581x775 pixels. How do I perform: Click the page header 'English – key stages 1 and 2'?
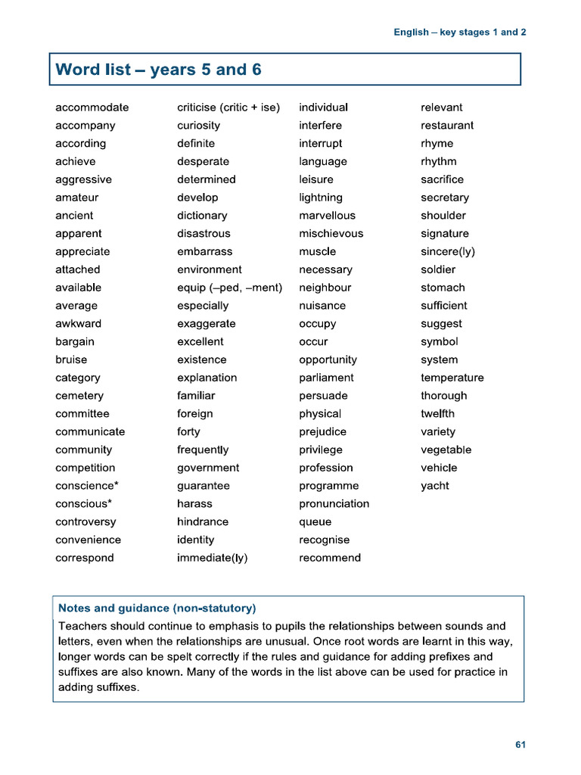pyautogui.click(x=459, y=33)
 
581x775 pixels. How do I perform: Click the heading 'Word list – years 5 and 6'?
pyautogui.click(x=159, y=70)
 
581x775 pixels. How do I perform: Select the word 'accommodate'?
pyautogui.click(x=92, y=107)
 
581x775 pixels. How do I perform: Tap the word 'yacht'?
pyautogui.click(x=435, y=486)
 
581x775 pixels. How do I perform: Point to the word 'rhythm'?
pyautogui.click(x=439, y=161)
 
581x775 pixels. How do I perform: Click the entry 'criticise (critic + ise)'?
pyautogui.click(x=228, y=107)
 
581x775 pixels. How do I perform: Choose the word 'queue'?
pyautogui.click(x=315, y=521)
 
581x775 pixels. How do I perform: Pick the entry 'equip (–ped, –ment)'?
pyautogui.click(x=229, y=288)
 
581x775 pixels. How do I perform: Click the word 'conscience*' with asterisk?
pyautogui.click(x=87, y=486)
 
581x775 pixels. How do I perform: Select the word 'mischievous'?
pyautogui.click(x=331, y=234)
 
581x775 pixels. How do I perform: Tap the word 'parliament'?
pyautogui.click(x=326, y=378)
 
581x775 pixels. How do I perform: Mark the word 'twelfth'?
pyautogui.click(x=438, y=414)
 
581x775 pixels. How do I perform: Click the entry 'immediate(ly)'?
pyautogui.click(x=213, y=558)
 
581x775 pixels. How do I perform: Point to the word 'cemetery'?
pyautogui.click(x=79, y=396)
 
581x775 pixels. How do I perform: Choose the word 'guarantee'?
pyautogui.click(x=204, y=486)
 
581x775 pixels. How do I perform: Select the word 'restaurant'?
pyautogui.click(x=447, y=126)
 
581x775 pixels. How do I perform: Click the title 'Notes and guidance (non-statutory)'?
pyautogui.click(x=157, y=608)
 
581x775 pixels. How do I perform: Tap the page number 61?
pyautogui.click(x=520, y=745)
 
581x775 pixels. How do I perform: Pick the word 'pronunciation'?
pyautogui.click(x=334, y=504)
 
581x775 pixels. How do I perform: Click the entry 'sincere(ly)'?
pyautogui.click(x=448, y=252)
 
